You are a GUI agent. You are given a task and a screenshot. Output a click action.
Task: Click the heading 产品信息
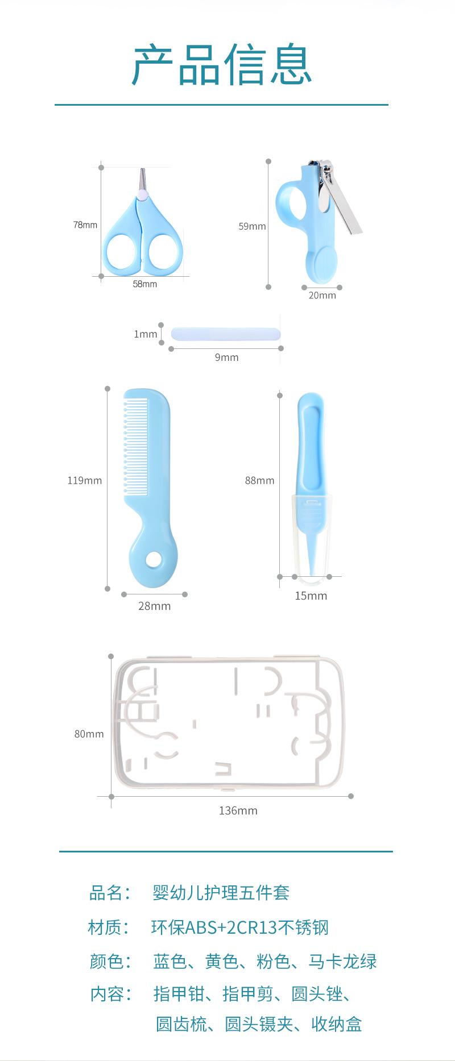(222, 65)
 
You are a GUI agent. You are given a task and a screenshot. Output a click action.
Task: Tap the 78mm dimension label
(85, 225)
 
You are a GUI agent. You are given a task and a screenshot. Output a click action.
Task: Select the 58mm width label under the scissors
(145, 284)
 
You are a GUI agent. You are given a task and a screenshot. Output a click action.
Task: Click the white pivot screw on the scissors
(143, 195)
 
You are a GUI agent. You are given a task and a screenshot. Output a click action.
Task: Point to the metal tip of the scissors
(143, 178)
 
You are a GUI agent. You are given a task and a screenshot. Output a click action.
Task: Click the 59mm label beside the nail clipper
(252, 226)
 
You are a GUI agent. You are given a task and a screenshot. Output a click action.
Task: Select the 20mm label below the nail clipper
(322, 296)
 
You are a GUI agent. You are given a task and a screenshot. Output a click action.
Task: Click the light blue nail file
(226, 334)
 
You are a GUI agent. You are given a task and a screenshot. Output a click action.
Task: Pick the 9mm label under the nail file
(226, 357)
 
